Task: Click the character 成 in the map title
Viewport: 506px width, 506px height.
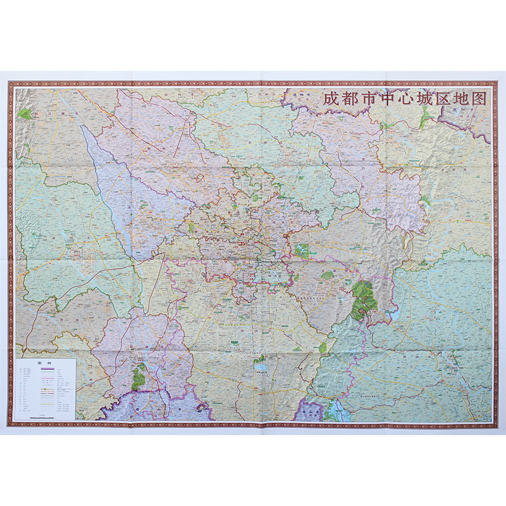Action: [331, 99]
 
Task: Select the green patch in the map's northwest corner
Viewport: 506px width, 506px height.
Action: [25, 114]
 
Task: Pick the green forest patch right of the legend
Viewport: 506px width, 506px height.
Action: [139, 378]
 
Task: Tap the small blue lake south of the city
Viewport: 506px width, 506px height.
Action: [260, 366]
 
